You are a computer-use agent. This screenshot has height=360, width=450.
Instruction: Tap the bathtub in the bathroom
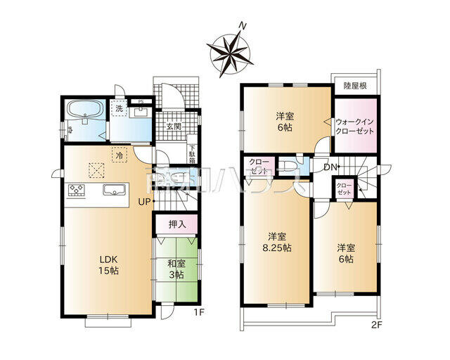(84, 111)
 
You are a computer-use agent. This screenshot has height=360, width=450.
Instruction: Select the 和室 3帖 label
(175, 269)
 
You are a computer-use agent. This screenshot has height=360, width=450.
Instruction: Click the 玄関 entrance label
(174, 127)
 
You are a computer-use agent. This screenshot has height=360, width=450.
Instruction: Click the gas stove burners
(75, 189)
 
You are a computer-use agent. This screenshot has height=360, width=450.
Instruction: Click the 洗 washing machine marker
(120, 110)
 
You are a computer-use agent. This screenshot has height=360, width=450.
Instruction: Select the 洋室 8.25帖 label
(275, 242)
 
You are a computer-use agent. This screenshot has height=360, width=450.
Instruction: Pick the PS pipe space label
(141, 103)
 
